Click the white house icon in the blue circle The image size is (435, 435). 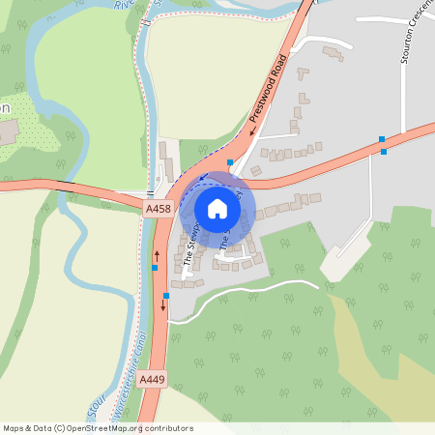tap(217, 209)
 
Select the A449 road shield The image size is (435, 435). tap(151, 381)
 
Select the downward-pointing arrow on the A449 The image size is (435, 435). tap(162, 305)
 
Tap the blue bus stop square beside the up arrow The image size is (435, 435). tap(155, 267)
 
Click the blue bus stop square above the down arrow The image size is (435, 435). tap(166, 295)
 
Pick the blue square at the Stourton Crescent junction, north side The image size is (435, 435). tap(382, 140)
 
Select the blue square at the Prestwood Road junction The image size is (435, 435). tap(229, 161)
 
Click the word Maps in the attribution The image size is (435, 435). tap(14, 428)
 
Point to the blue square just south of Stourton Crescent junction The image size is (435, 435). tap(384, 151)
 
